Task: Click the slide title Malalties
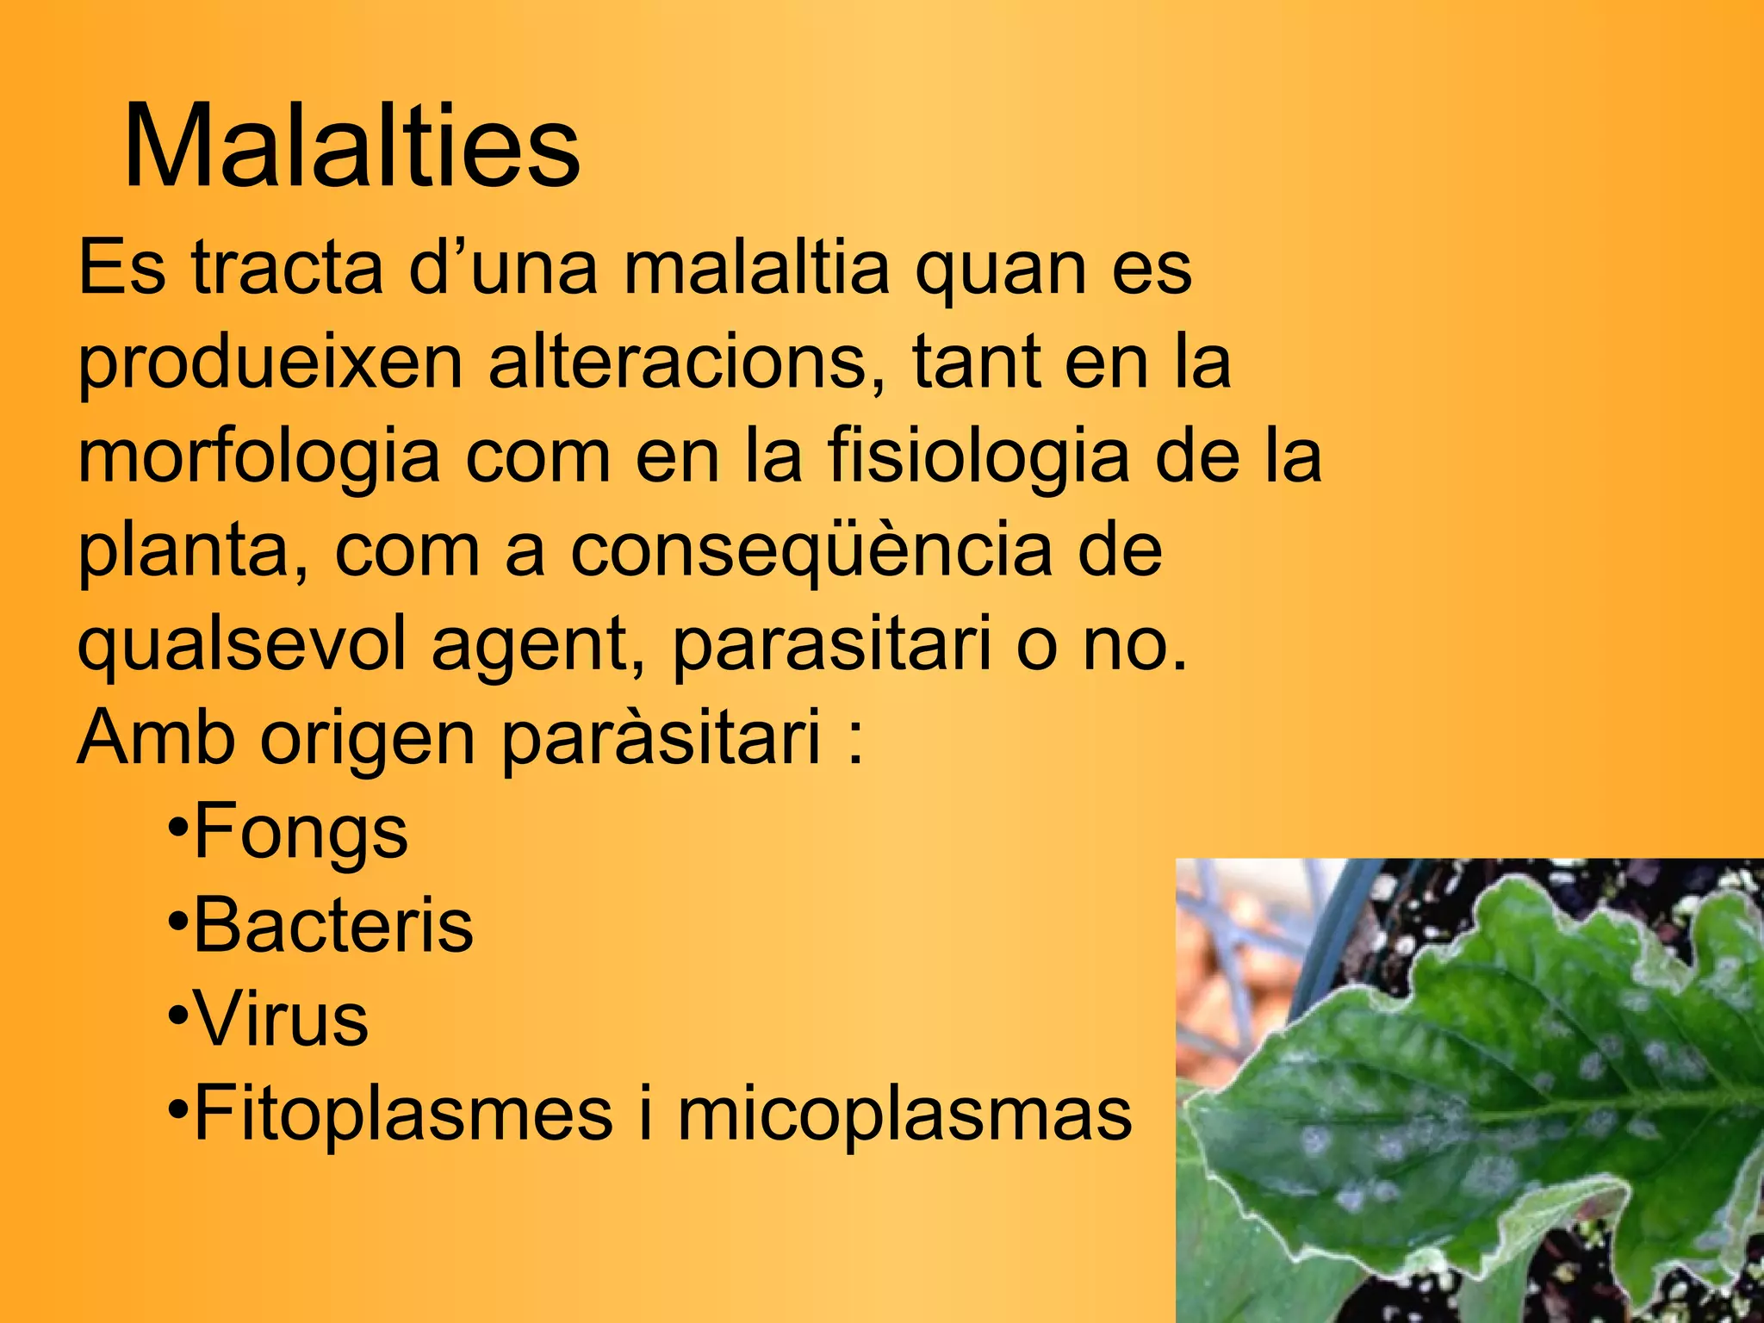[352, 146]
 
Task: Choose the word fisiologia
[978, 456]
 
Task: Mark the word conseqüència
[811, 552]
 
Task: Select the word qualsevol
[241, 646]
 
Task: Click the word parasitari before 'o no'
[831, 646]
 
